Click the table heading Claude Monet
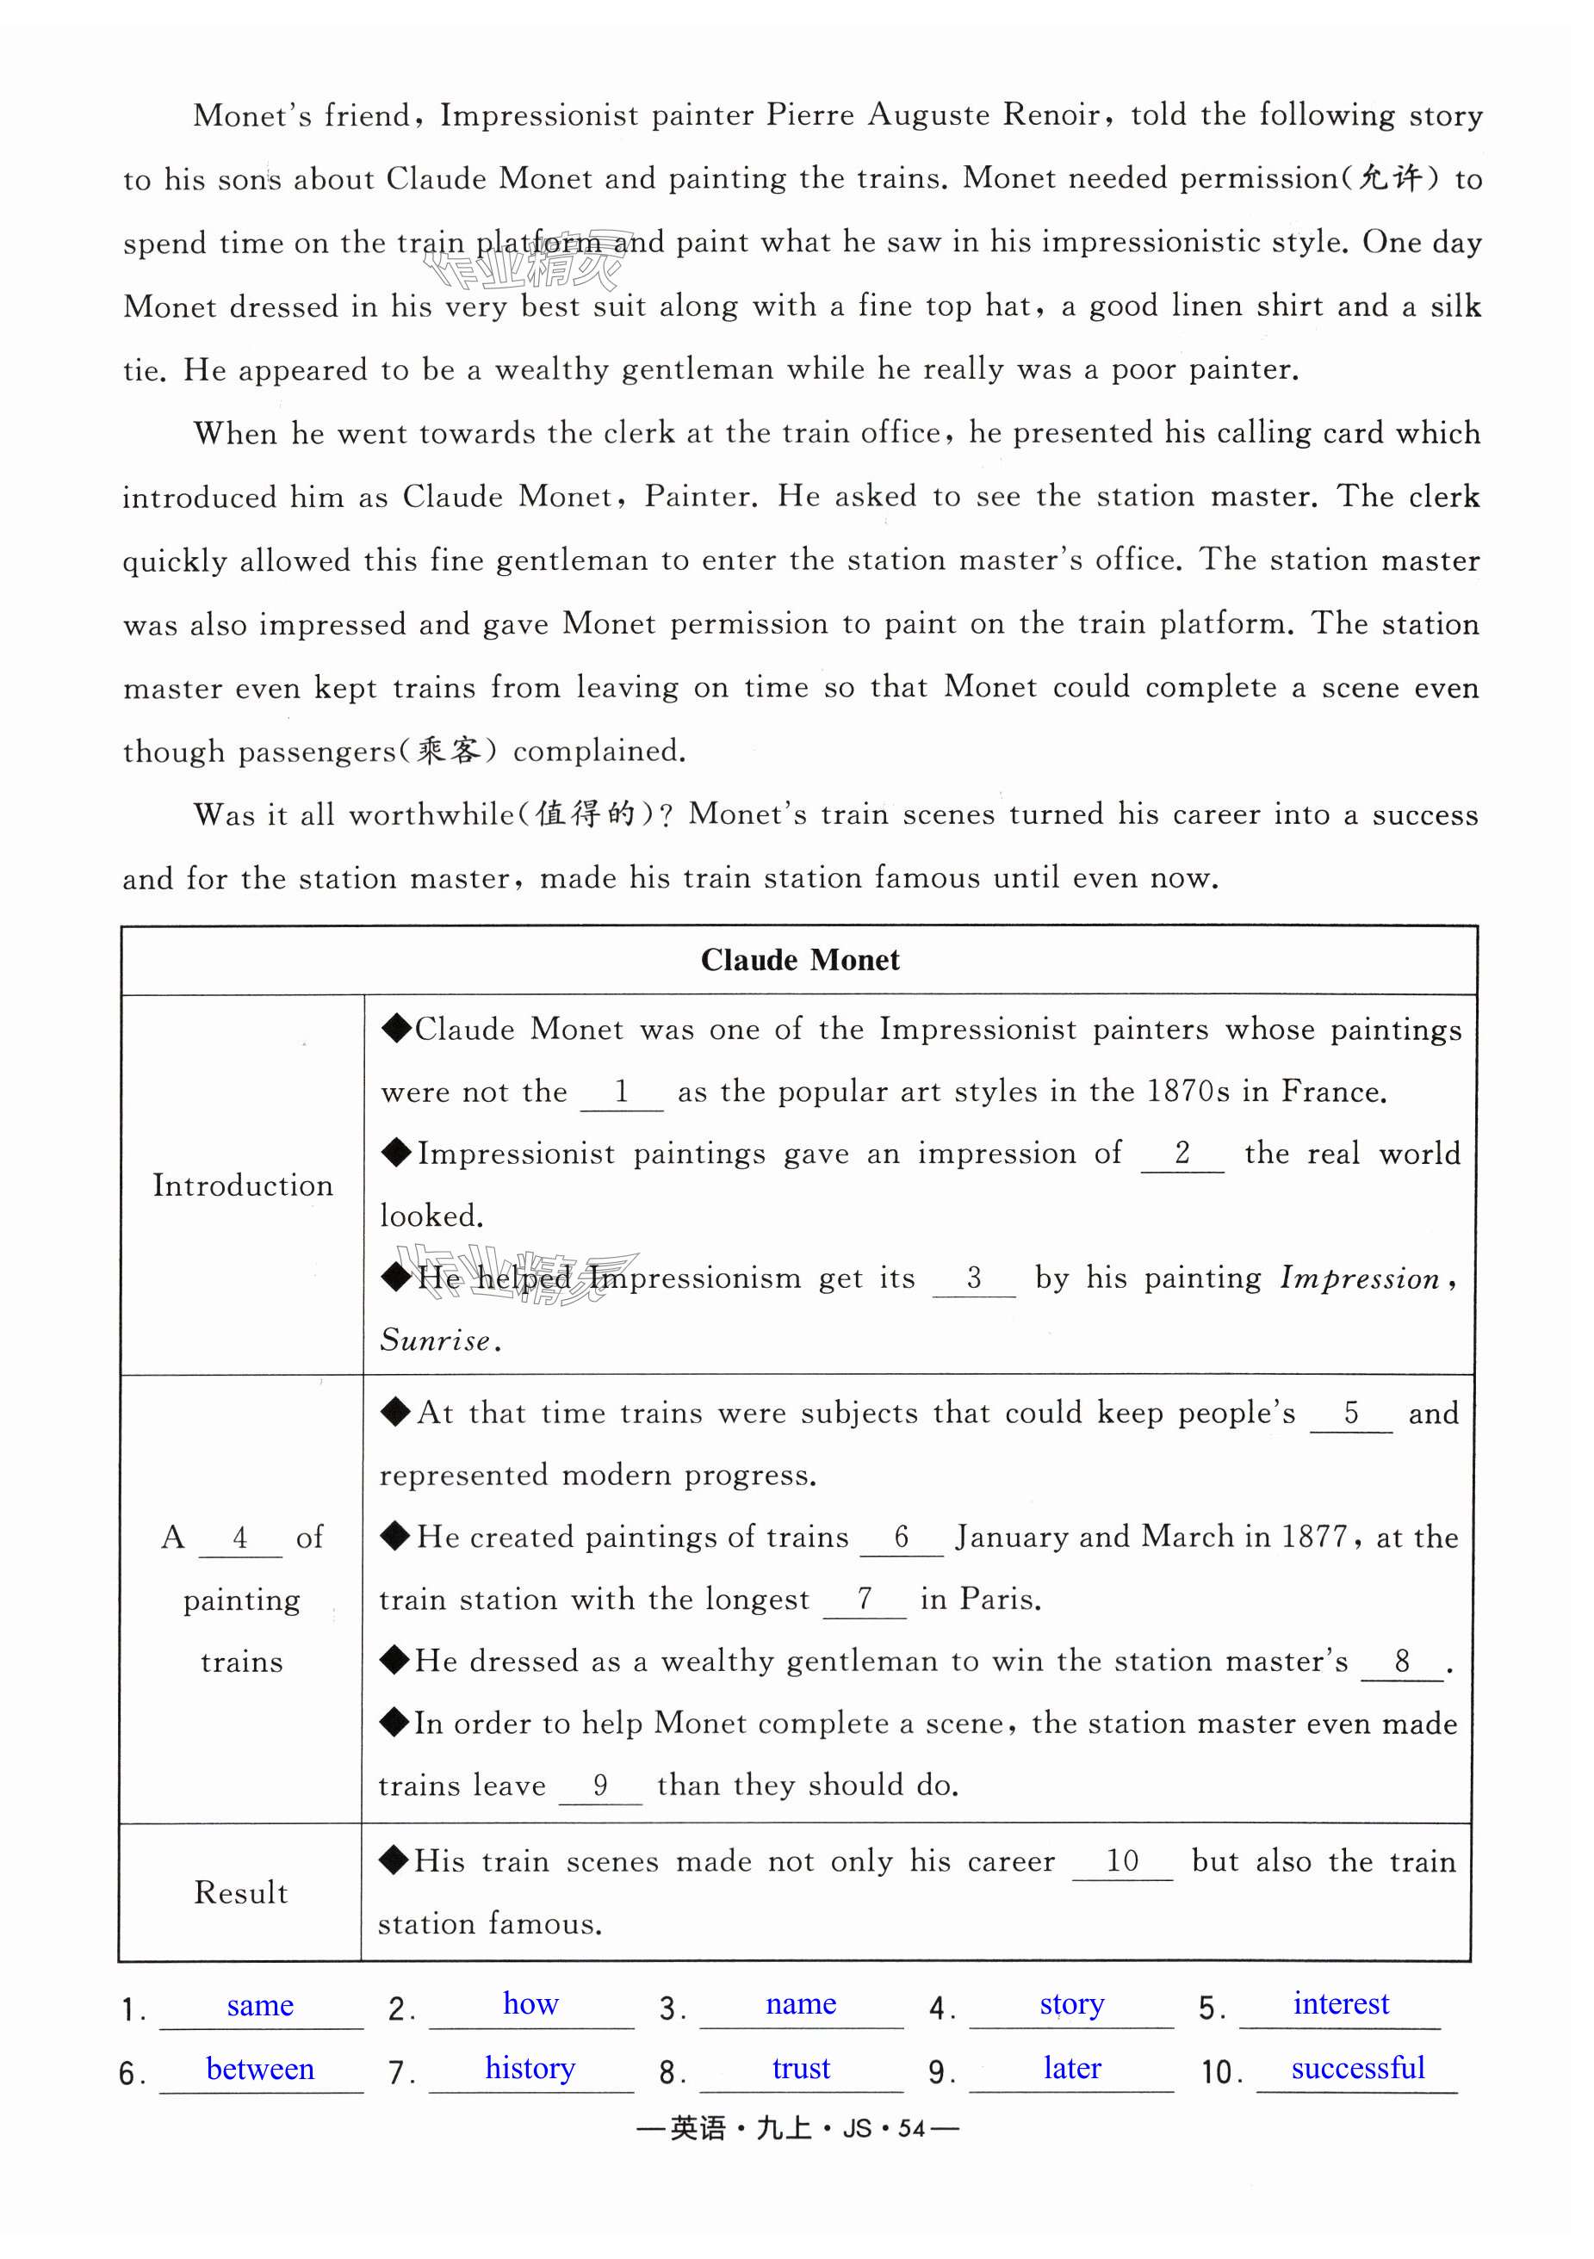[x=799, y=960]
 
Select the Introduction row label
[x=242, y=1185]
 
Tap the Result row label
[x=241, y=1892]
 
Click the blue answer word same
[x=260, y=2005]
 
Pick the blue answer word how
[x=530, y=2003]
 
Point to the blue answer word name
[x=801, y=2004]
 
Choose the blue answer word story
[x=1071, y=2004]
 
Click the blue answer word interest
[x=1340, y=2003]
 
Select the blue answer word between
[x=260, y=2068]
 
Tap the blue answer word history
[x=530, y=2068]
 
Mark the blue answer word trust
[x=801, y=2068]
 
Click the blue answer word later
[x=1071, y=2068]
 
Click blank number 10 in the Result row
[x=1122, y=1861]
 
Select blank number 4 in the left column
[x=240, y=1538]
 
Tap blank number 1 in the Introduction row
[x=622, y=1092]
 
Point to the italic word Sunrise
[x=435, y=1340]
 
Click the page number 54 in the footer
[x=911, y=2129]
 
